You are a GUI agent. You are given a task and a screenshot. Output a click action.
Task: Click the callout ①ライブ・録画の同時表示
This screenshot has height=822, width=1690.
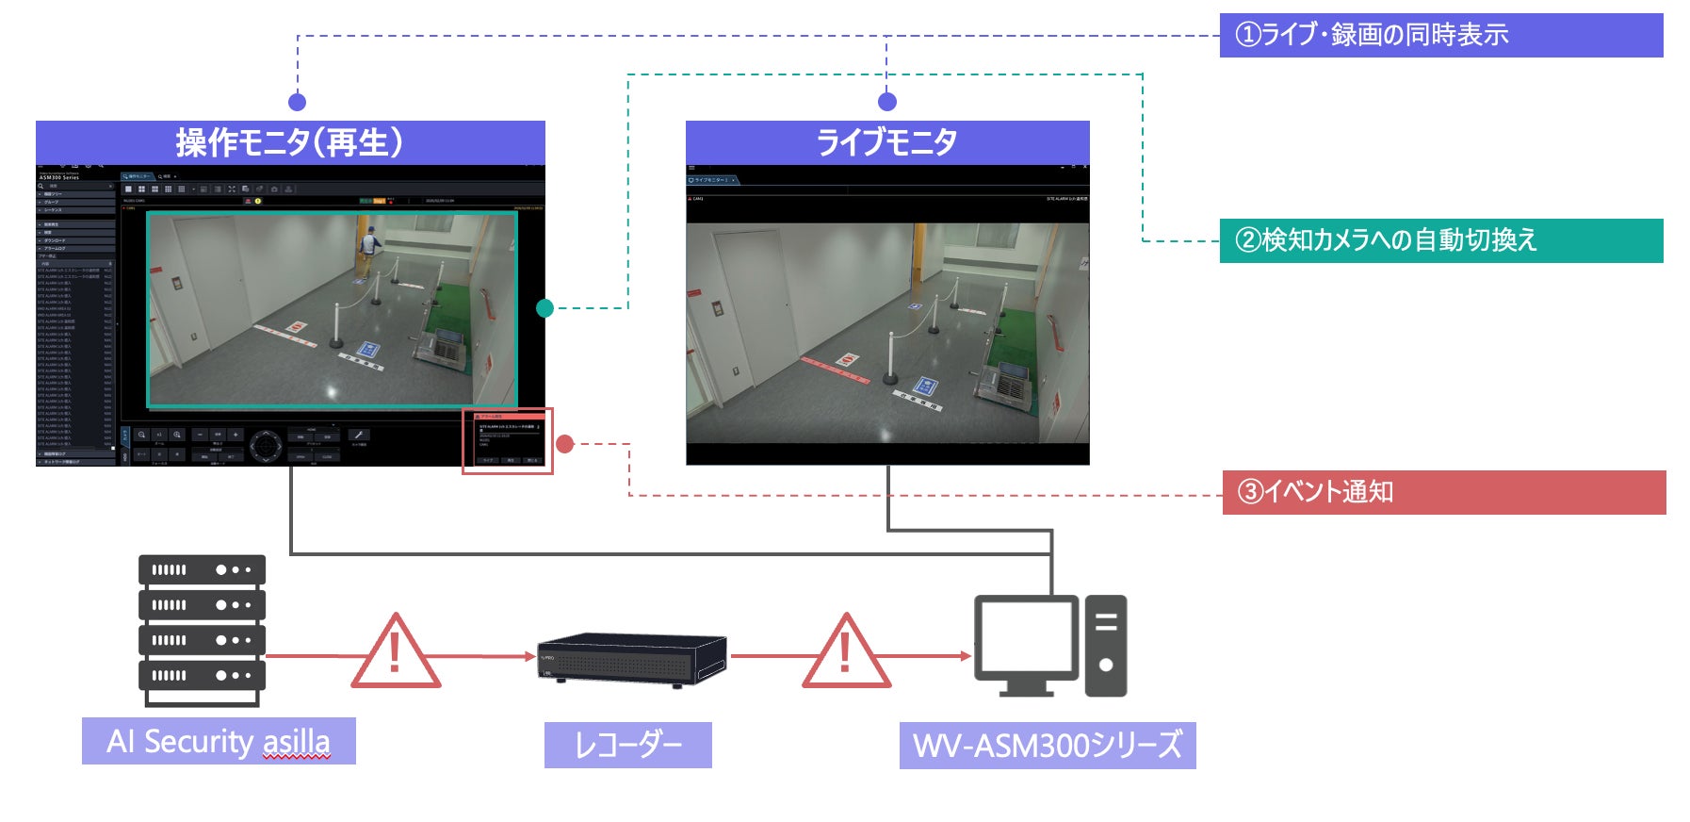pos(1440,36)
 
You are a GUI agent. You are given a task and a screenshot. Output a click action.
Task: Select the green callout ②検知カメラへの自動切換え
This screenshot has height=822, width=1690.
pos(1440,241)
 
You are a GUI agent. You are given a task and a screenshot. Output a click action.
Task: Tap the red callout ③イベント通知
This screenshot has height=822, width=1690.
pos(1443,492)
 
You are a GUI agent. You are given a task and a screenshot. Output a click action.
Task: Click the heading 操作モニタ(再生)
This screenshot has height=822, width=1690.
pos(290,142)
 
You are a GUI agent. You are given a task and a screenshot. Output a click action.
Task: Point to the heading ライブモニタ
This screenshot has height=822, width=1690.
pos(886,142)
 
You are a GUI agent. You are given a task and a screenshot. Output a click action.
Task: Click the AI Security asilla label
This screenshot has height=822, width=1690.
pos(219,741)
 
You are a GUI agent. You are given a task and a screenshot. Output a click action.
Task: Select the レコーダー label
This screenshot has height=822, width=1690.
pos(627,745)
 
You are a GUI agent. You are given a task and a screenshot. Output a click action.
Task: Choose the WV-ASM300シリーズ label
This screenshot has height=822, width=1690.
pos(1047,745)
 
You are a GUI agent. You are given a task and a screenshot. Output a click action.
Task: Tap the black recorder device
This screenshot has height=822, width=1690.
pos(631,657)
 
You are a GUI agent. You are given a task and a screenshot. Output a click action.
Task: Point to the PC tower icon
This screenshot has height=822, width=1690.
pos(1106,645)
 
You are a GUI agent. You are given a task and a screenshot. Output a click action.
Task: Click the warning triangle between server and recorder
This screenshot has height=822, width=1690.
pos(396,653)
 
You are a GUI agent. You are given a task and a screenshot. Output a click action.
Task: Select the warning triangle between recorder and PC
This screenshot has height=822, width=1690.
pos(846,653)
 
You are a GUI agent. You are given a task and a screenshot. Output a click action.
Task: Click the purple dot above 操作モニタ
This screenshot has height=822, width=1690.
pos(297,102)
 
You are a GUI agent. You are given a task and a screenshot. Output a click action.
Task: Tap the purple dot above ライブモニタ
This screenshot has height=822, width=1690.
pos(886,102)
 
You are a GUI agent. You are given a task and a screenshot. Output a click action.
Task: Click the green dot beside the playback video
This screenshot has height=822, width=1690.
pos(544,308)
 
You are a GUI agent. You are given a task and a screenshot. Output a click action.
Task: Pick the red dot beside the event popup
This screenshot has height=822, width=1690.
pos(565,443)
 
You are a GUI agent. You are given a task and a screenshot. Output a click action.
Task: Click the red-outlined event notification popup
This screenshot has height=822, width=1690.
pos(508,441)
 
